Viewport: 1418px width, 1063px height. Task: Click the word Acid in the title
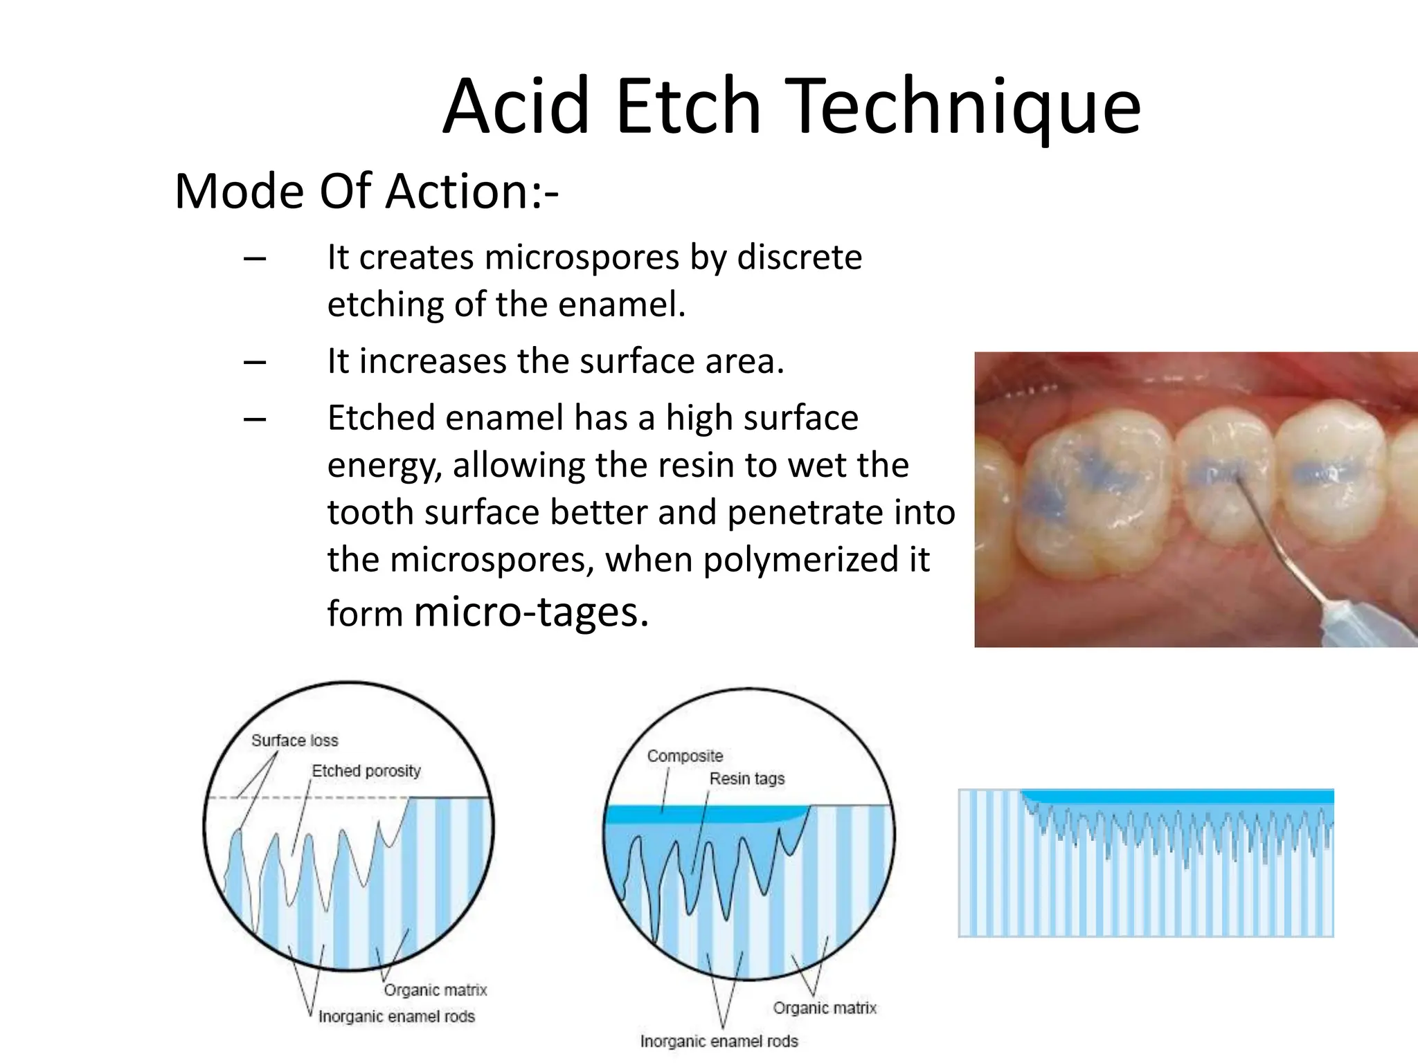pyautogui.click(x=516, y=107)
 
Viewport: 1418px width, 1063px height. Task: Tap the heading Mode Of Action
pyautogui.click(x=366, y=191)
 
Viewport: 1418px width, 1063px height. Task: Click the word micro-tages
pyautogui.click(x=531, y=612)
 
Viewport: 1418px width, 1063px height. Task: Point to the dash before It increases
pyautogui.click(x=255, y=362)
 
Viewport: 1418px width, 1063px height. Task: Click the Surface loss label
pyautogui.click(x=294, y=741)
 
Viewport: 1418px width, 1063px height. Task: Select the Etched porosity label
pyautogui.click(x=366, y=771)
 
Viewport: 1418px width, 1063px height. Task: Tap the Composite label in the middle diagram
pyautogui.click(x=685, y=756)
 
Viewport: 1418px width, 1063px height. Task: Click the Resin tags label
pyautogui.click(x=746, y=779)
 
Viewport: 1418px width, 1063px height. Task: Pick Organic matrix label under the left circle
pyautogui.click(x=435, y=990)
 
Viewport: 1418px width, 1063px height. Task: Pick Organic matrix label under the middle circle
pyautogui.click(x=824, y=1008)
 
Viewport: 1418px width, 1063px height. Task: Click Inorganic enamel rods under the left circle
pyautogui.click(x=396, y=1017)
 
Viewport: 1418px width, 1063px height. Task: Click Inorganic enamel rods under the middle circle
pyautogui.click(x=719, y=1042)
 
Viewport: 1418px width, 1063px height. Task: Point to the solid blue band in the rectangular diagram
pyautogui.click(x=1177, y=797)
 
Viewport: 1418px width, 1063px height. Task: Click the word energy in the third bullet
pyautogui.click(x=384, y=465)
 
